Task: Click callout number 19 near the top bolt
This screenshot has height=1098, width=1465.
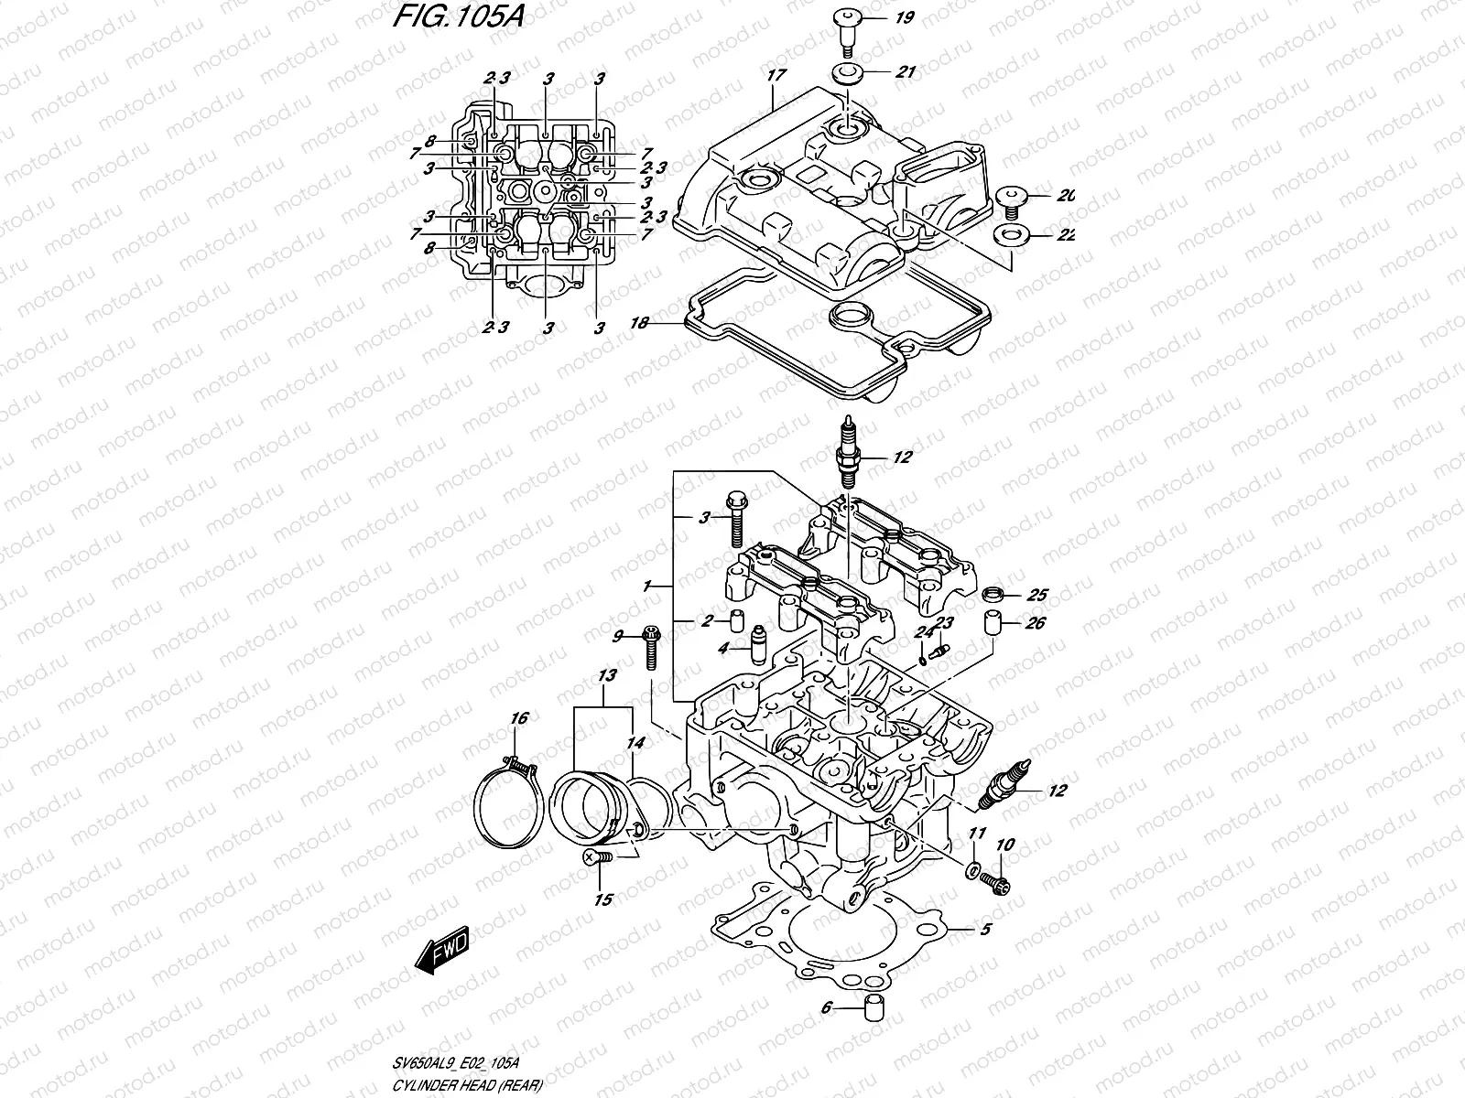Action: coord(904,16)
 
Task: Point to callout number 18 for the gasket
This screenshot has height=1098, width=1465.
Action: coord(641,323)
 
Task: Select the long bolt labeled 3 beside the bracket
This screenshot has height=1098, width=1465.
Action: coord(736,518)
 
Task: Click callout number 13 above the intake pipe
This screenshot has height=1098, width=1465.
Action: coord(606,674)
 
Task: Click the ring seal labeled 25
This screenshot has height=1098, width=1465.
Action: coord(992,596)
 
